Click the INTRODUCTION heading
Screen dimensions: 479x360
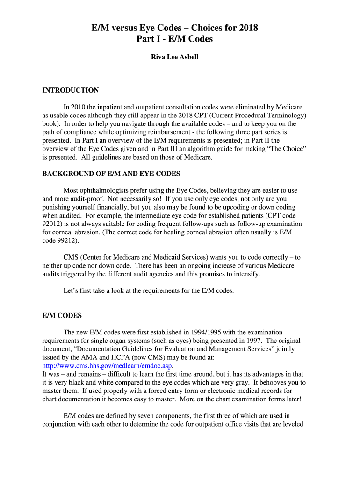(x=71, y=90)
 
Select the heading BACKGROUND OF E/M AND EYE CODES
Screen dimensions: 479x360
(x=111, y=174)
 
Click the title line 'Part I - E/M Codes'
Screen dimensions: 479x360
(x=174, y=39)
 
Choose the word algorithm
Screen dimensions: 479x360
(x=220, y=149)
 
